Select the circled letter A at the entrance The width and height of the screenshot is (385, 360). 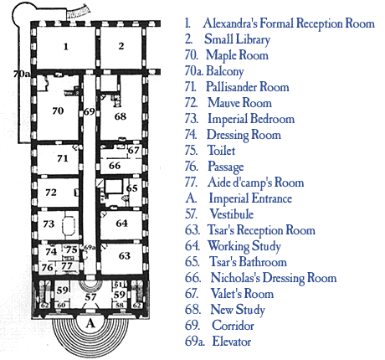pos(90,322)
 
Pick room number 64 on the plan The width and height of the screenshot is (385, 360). pos(122,223)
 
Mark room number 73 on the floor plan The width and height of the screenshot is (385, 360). pos(49,224)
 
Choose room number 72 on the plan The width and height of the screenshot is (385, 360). pos(50,192)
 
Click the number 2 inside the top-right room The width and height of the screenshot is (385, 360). pos(121,45)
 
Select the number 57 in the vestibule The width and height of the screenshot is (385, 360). pos(90,296)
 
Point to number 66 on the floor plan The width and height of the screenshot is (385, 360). pos(115,166)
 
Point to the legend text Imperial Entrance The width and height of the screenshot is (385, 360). pos(250,198)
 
